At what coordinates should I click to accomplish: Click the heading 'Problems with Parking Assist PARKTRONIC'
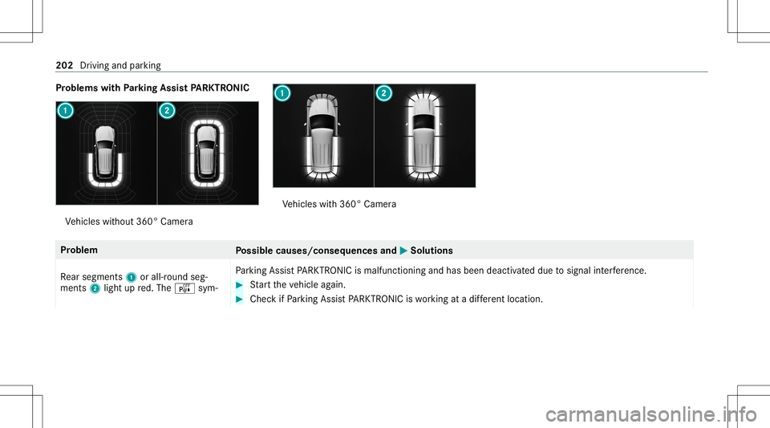[x=152, y=87]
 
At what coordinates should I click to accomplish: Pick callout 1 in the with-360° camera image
[x=284, y=94]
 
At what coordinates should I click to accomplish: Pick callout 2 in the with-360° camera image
[x=384, y=94]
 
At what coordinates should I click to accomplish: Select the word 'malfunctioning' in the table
[x=410, y=267]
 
